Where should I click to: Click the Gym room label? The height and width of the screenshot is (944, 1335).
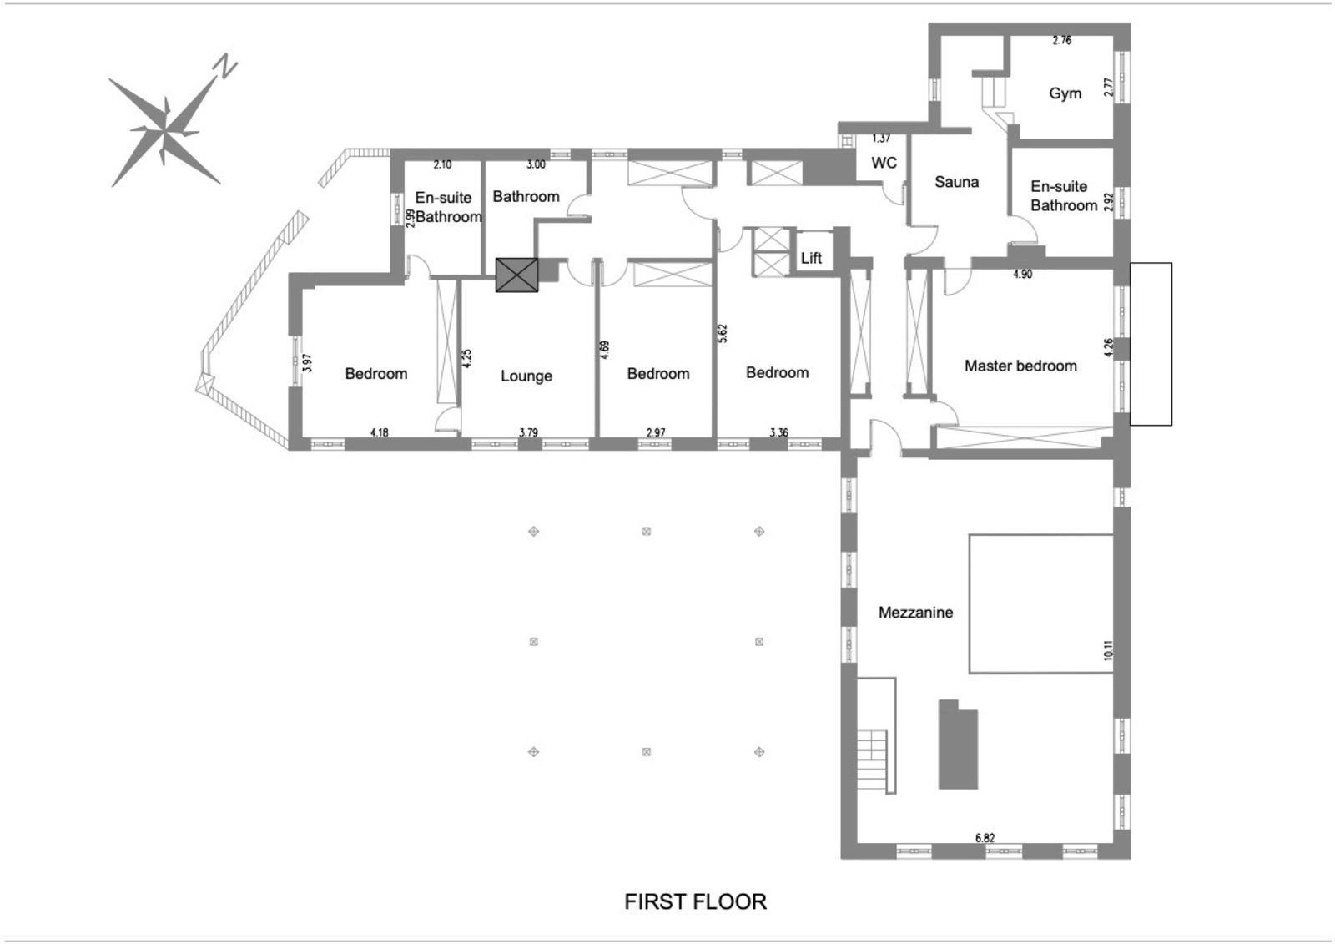tap(1065, 93)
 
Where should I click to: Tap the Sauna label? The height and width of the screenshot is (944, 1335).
tap(956, 182)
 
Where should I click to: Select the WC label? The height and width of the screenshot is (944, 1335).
tap(884, 163)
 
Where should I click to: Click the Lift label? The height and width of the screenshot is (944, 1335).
tap(811, 259)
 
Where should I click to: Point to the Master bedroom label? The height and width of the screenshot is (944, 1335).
tap(1020, 366)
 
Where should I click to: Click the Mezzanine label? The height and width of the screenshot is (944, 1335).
tap(915, 613)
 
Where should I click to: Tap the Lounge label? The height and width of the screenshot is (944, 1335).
tap(526, 376)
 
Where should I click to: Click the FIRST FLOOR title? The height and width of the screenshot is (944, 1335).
tap(695, 902)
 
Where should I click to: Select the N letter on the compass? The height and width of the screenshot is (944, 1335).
tap(224, 66)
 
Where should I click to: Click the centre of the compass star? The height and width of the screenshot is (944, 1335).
tap(166, 131)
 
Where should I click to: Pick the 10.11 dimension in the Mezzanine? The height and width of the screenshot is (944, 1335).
tap(1108, 650)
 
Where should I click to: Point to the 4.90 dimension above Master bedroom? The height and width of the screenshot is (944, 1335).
tap(1022, 274)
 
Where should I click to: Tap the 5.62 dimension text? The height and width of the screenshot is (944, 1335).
tap(723, 333)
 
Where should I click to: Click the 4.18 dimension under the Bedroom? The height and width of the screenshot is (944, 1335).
tap(379, 432)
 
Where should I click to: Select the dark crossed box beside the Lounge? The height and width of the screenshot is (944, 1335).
tap(517, 275)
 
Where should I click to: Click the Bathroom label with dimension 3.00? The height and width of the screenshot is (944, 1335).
tap(526, 197)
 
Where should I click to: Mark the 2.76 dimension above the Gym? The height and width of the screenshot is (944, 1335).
tap(1061, 40)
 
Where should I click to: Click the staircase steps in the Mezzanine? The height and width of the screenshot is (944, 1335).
tap(872, 760)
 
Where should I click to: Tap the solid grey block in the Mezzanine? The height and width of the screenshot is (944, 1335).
tap(958, 745)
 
